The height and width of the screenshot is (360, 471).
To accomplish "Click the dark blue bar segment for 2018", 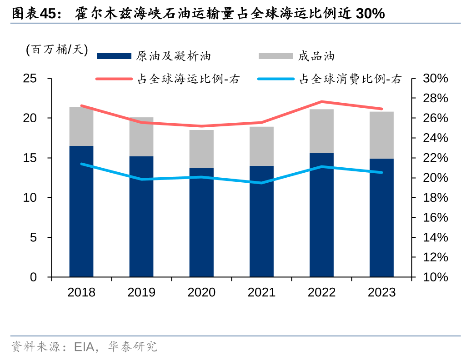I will point(81,211).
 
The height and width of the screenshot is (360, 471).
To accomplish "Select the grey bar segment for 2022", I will point(321,131).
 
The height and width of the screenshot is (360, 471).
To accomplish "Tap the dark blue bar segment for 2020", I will point(201,222).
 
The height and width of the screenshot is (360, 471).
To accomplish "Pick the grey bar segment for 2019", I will point(141,137).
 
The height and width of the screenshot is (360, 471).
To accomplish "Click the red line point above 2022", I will point(321,101).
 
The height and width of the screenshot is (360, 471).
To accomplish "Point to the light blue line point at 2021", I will point(261,183).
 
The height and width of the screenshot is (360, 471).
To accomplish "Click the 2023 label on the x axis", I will point(381,292).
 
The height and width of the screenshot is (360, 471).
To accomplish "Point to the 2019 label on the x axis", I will point(141,292).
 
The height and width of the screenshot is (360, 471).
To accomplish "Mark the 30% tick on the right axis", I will point(436,79).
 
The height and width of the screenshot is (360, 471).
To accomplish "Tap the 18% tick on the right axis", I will point(436,198).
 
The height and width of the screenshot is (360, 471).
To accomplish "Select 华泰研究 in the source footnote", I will point(134,347).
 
